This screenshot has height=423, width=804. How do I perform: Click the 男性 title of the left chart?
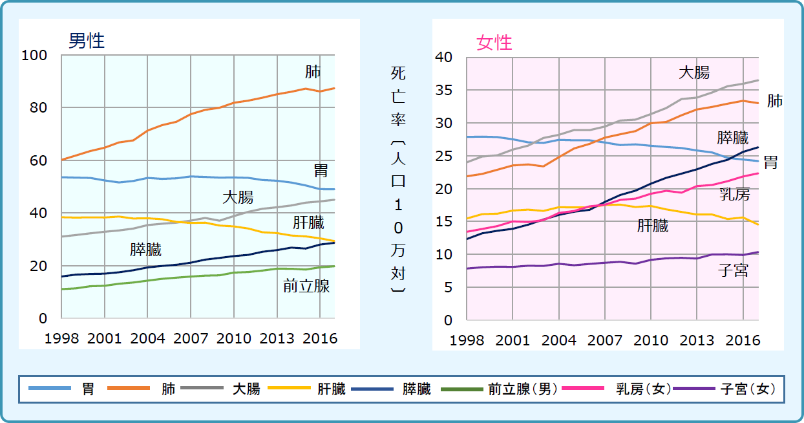click(87, 41)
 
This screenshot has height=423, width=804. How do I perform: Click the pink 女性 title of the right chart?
click(494, 43)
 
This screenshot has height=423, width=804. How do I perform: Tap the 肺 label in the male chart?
click(313, 72)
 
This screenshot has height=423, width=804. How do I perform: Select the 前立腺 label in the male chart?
click(306, 286)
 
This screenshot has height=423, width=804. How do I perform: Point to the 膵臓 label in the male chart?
click(145, 250)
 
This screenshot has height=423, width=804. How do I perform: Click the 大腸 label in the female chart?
click(693, 72)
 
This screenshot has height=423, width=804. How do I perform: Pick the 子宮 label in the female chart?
click(733, 270)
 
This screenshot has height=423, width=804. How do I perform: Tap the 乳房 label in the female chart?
click(735, 194)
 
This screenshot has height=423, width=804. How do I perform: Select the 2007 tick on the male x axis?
click(191, 338)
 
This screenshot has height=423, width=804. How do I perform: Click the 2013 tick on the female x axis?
click(697, 340)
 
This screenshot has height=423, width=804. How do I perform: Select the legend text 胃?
click(88, 389)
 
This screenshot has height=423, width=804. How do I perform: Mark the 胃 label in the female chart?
click(770, 162)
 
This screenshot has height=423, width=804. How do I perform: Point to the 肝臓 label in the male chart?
click(308, 223)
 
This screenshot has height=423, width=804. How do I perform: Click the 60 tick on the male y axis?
click(39, 160)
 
